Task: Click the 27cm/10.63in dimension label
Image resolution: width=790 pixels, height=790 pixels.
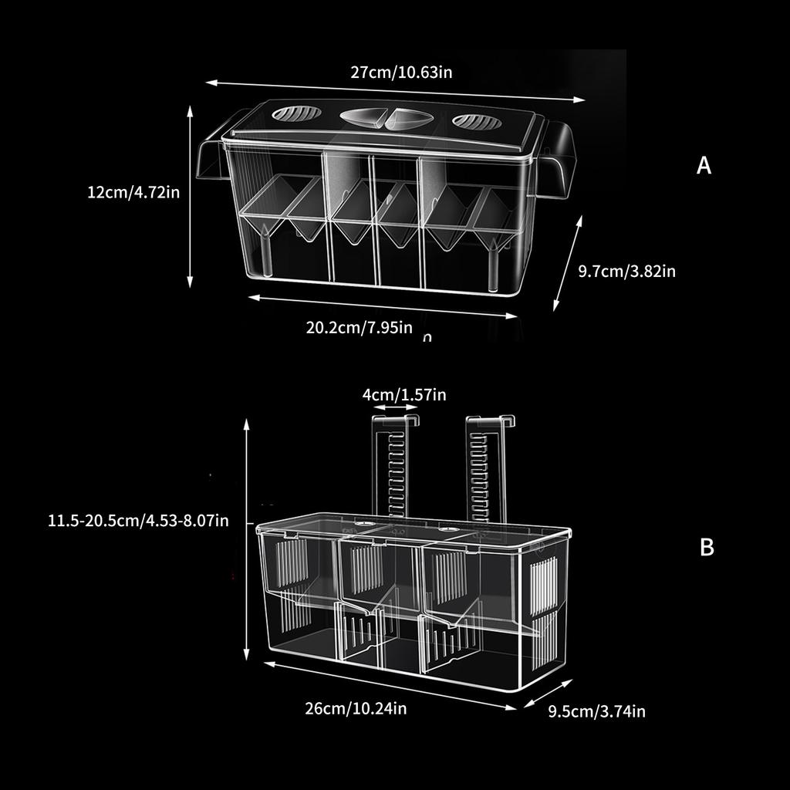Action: pyautogui.click(x=401, y=73)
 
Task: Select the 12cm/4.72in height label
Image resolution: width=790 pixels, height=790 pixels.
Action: pyautogui.click(x=133, y=192)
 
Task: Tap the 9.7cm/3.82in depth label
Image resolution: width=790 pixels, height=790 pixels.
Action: pyautogui.click(x=627, y=271)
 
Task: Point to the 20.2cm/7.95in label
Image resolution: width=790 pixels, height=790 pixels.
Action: pyautogui.click(x=359, y=327)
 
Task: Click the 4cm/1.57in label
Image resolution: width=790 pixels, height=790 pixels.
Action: pyautogui.click(x=404, y=395)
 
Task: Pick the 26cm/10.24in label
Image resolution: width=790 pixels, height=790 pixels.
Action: pyautogui.click(x=356, y=708)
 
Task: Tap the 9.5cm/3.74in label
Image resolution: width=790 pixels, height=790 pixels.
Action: pyautogui.click(x=596, y=711)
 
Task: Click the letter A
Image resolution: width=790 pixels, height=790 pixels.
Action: pyautogui.click(x=704, y=166)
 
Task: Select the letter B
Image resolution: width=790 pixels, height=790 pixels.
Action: pyautogui.click(x=707, y=548)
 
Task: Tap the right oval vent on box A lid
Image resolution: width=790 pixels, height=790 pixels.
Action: pyautogui.click(x=476, y=121)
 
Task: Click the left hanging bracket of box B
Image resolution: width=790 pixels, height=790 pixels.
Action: pyautogui.click(x=395, y=467)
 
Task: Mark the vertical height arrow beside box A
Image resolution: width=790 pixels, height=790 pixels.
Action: pyautogui.click(x=191, y=197)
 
